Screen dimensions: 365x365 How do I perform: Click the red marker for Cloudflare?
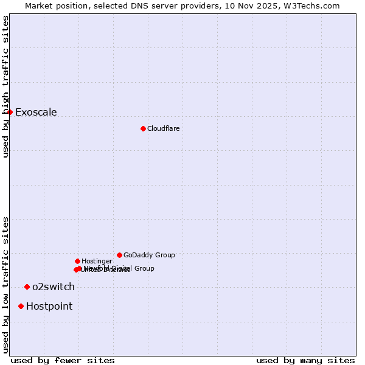(143, 128)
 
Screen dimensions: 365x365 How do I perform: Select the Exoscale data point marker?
(10, 112)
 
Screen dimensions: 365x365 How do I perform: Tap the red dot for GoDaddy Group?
(119, 255)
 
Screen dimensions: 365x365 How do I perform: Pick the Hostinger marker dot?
(77, 261)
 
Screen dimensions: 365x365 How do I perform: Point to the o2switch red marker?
(27, 287)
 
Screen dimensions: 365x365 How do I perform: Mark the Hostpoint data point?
(21, 306)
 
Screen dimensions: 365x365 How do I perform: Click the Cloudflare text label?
(163, 128)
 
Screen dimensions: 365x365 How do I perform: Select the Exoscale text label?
(36, 112)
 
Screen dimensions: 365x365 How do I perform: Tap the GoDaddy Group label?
(149, 255)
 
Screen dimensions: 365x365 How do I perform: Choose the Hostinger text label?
(97, 261)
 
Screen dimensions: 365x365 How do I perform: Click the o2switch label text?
(54, 287)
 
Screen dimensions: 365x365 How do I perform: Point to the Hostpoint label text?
(49, 306)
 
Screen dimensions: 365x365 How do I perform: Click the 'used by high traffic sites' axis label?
(6, 86)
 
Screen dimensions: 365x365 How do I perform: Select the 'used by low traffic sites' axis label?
(6, 284)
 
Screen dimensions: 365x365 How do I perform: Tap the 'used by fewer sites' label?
(63, 360)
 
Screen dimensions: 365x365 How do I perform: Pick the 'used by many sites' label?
(305, 360)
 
